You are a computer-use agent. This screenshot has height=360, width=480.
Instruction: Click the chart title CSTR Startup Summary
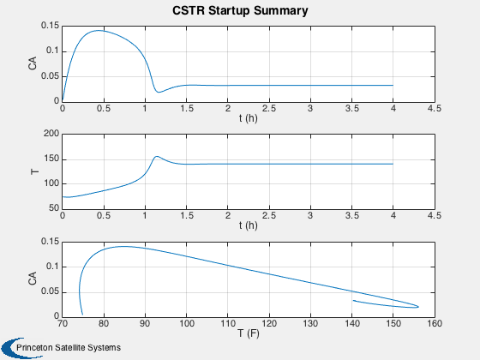click(240, 10)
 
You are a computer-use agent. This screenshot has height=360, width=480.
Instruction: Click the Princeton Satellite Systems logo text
click(69, 348)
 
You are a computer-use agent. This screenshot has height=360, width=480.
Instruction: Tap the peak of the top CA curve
click(99, 31)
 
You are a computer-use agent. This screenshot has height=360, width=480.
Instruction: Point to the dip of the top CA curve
click(159, 92)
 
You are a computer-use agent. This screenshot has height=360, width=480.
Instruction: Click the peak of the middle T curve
click(157, 156)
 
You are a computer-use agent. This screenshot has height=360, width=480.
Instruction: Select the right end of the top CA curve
click(393, 85)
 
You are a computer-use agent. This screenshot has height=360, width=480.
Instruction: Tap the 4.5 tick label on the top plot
click(435, 108)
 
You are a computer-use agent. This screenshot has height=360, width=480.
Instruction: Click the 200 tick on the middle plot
click(51, 134)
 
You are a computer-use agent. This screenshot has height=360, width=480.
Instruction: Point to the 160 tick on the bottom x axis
click(435, 324)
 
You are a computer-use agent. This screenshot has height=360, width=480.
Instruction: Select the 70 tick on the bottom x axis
click(63, 324)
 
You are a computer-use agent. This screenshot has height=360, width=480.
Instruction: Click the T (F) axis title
click(249, 333)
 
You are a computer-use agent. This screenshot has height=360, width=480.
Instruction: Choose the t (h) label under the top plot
click(249, 118)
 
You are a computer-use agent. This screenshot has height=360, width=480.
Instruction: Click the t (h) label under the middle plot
click(249, 225)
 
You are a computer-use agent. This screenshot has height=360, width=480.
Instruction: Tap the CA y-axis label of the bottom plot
click(33, 278)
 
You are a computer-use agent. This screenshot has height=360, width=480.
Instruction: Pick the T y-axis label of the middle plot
click(35, 171)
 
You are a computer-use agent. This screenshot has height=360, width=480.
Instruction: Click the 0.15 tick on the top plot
click(51, 26)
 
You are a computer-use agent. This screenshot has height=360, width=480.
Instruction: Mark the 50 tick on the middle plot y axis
click(54, 207)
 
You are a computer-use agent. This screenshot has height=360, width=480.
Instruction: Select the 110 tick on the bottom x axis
click(228, 324)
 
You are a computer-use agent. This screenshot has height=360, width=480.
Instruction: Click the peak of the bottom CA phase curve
click(124, 247)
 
